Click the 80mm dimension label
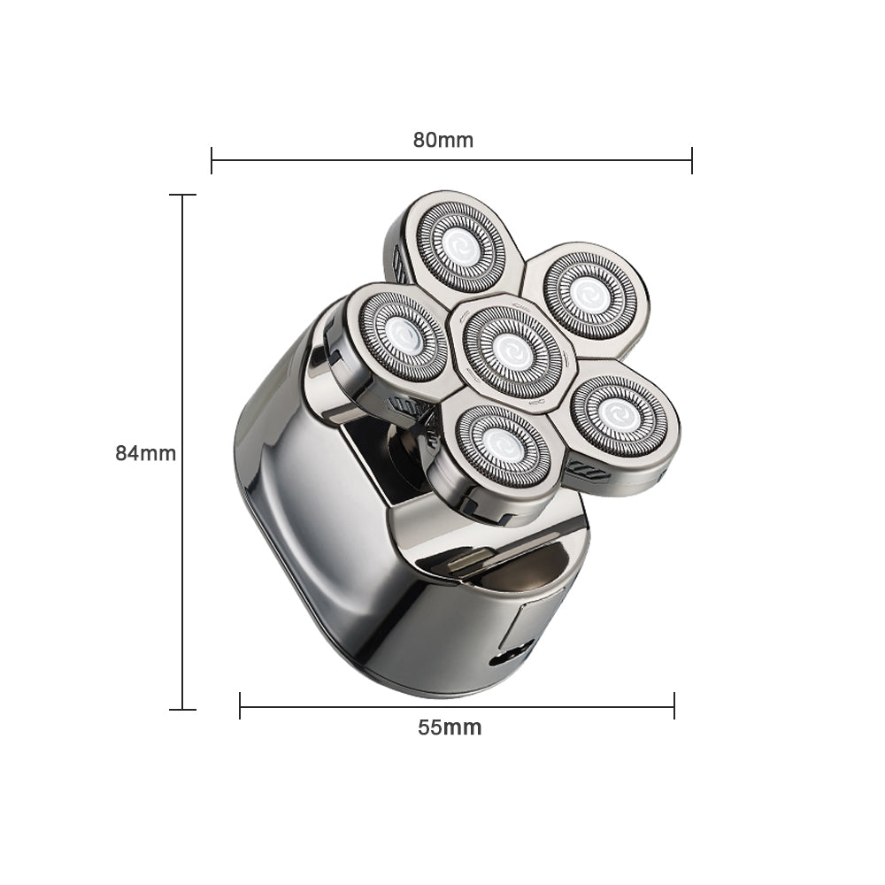(x=443, y=140)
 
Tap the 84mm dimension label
(x=146, y=453)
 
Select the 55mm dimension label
(x=450, y=727)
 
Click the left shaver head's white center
(x=403, y=337)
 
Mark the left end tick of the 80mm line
(x=212, y=160)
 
